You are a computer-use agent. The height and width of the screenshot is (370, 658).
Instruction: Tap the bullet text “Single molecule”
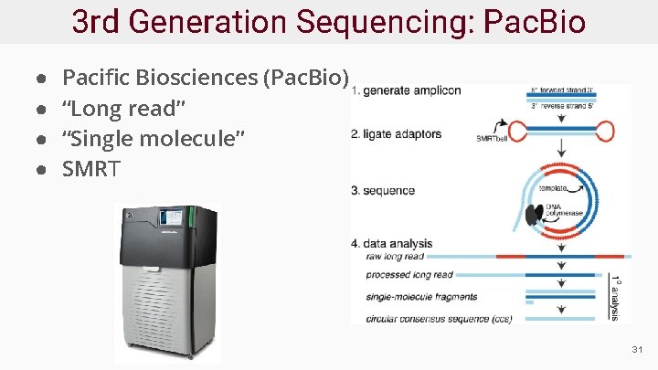153,139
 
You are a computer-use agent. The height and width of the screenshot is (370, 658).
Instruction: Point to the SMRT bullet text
90,168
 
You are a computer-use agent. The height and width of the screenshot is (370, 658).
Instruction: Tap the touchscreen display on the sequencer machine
171,220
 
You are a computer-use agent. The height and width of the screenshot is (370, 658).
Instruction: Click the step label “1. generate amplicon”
406,90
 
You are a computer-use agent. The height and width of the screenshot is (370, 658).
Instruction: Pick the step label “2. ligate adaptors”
397,134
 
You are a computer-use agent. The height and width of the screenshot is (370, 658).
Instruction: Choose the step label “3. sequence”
383,191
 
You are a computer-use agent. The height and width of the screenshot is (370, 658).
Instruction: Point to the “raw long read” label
394,257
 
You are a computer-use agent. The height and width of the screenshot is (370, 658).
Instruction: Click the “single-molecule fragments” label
420,297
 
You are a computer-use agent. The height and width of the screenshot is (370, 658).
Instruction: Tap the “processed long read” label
409,275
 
